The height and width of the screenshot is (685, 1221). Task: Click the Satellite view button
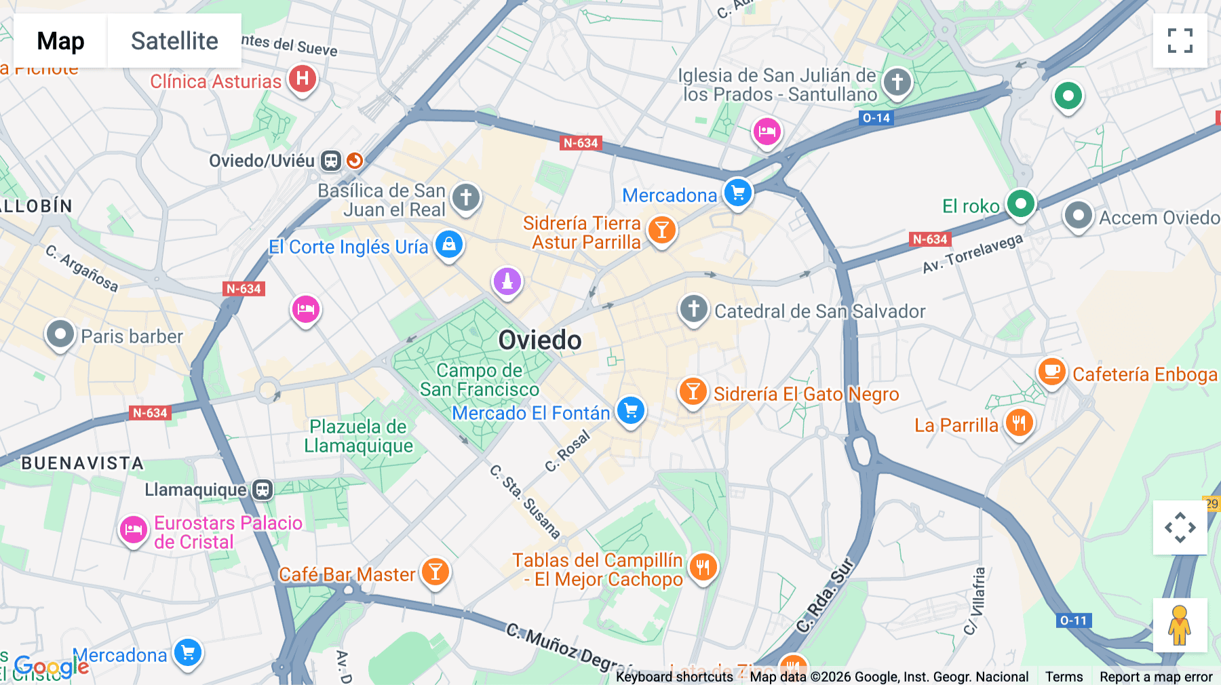[x=174, y=41]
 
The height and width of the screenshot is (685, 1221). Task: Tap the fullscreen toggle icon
[x=1180, y=41]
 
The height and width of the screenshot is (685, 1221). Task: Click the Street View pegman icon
[x=1180, y=625]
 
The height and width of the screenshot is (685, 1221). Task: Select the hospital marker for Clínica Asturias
[x=303, y=79]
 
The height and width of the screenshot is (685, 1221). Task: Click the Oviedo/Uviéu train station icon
[x=331, y=161]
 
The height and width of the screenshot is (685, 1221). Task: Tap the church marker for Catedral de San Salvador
[x=693, y=309]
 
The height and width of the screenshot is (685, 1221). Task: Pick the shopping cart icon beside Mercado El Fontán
[x=631, y=410]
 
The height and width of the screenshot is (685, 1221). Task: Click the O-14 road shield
[x=876, y=118]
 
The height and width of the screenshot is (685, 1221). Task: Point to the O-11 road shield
[x=1073, y=621]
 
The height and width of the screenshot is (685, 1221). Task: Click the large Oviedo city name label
[x=540, y=340]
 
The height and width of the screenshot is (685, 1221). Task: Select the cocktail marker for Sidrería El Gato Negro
[x=693, y=392]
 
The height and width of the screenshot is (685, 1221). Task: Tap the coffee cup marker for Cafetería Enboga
[x=1051, y=372]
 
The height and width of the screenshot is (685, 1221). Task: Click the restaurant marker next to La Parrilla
[x=1018, y=423]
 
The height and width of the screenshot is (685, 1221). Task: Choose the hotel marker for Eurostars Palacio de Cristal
[x=134, y=530]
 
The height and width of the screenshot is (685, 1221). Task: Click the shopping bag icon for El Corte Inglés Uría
[x=448, y=245]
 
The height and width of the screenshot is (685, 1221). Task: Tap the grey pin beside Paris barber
[x=60, y=334]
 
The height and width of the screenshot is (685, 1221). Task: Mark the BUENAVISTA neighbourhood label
[x=83, y=463]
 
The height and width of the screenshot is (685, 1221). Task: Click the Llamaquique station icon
[x=263, y=490]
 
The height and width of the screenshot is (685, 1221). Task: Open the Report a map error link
[x=1156, y=677]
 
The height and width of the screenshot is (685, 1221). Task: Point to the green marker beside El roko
[x=1020, y=203]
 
